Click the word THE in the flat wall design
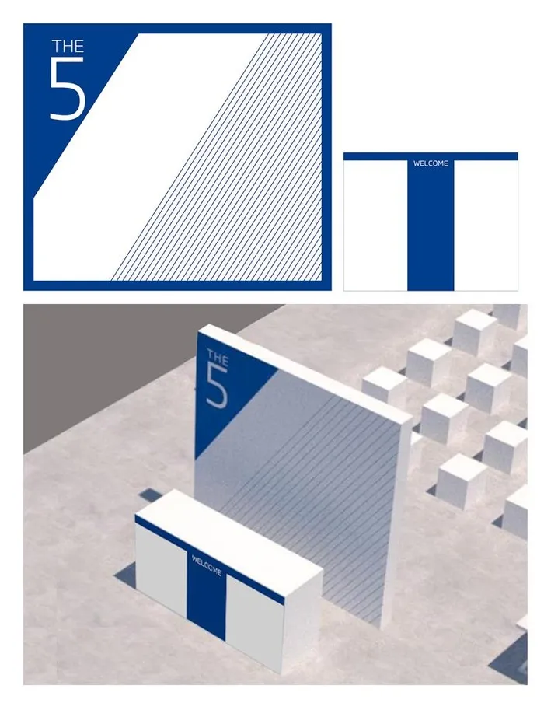click(x=68, y=46)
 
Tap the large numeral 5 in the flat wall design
click(x=67, y=89)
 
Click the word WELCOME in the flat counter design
click(x=431, y=163)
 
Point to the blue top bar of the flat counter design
click(x=431, y=156)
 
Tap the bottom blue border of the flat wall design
click(x=177, y=285)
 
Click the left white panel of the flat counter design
click(x=375, y=226)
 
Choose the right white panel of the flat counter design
click(x=486, y=226)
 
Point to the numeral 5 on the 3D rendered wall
click(x=217, y=388)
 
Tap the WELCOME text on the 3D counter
click(x=207, y=565)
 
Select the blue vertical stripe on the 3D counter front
click(x=206, y=592)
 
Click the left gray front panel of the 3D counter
click(x=160, y=568)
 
